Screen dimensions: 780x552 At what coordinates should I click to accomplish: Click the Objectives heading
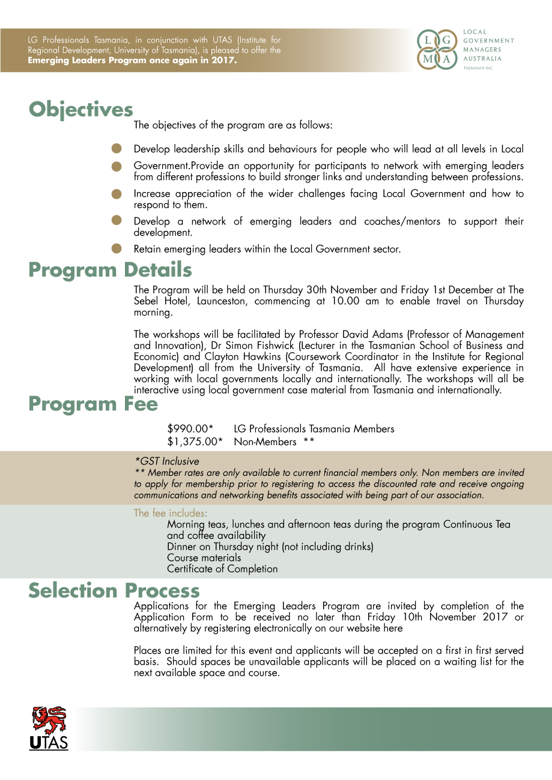click(81, 110)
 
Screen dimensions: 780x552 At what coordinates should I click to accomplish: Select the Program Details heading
click(110, 270)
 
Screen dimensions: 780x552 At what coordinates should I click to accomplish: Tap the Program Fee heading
click(93, 404)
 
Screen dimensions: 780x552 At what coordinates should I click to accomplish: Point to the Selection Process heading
click(114, 591)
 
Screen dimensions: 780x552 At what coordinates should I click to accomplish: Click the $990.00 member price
click(190, 429)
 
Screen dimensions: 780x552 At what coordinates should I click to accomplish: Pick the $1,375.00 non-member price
click(195, 442)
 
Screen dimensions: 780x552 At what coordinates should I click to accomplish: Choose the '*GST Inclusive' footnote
click(166, 461)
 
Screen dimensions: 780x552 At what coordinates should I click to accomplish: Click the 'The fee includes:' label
click(171, 513)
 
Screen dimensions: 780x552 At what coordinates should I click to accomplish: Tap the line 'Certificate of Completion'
click(222, 569)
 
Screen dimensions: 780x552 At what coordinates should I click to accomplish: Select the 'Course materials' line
click(204, 557)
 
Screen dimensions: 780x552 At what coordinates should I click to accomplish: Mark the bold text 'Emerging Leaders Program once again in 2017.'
click(132, 61)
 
